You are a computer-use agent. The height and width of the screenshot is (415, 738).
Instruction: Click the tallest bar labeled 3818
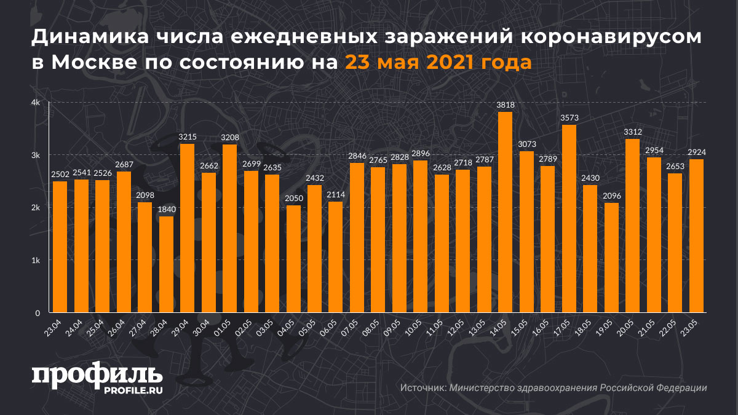505,212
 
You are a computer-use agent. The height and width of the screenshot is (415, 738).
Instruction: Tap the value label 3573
569,117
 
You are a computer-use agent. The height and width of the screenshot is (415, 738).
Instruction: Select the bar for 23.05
696,236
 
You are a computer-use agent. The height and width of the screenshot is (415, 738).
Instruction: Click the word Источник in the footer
423,388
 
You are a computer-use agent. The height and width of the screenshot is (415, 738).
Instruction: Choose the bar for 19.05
611,258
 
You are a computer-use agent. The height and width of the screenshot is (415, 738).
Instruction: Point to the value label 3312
632,132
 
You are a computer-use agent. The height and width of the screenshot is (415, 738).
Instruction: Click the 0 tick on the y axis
38,312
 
